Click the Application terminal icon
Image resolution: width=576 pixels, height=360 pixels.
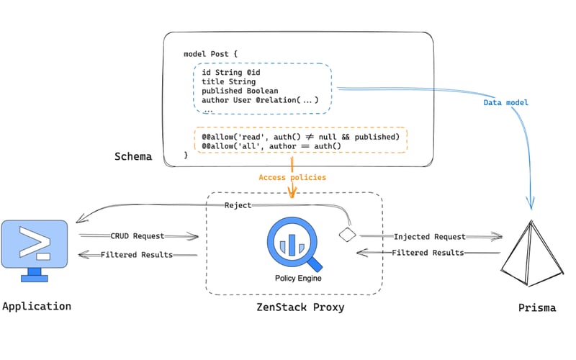tap(35, 249)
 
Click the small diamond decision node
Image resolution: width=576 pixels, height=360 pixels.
tap(348, 235)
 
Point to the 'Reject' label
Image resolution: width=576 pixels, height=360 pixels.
tap(238, 206)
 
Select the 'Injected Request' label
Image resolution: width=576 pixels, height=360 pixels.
tap(430, 236)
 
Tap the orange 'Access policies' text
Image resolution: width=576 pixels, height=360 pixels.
tap(292, 177)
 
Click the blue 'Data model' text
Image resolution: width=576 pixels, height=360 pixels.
tap(505, 103)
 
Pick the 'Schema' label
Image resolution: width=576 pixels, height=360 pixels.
tap(133, 156)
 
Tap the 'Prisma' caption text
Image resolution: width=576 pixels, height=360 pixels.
tap(536, 307)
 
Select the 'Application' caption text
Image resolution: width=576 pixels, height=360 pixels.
tap(37, 306)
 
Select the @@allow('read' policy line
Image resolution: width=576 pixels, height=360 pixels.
tap(300, 136)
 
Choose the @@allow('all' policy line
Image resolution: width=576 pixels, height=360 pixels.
tap(271, 146)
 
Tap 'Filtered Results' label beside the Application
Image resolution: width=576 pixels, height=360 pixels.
tap(137, 254)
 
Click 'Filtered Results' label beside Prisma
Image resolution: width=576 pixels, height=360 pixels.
tap(428, 252)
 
